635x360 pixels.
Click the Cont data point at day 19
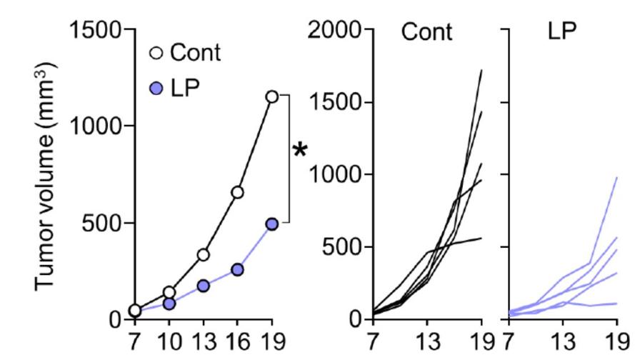pyautogui.click(x=271, y=96)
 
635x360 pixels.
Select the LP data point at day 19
pyautogui.click(x=271, y=224)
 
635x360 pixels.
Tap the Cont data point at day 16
pyautogui.click(x=237, y=192)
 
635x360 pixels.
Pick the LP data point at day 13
pyautogui.click(x=203, y=286)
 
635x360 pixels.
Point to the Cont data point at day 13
pyautogui.click(x=203, y=254)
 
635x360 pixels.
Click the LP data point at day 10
pyautogui.click(x=169, y=304)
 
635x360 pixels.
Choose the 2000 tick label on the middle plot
pyautogui.click(x=335, y=31)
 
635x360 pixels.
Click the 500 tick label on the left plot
pyautogui.click(x=104, y=223)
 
